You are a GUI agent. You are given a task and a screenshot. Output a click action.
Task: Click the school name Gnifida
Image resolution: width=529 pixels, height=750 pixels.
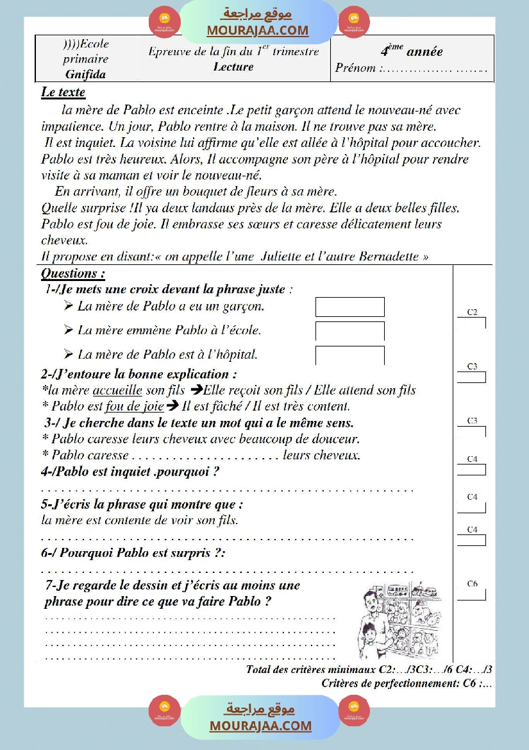tap(85, 74)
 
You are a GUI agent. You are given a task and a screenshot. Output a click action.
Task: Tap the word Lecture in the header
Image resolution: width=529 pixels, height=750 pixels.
tap(233, 66)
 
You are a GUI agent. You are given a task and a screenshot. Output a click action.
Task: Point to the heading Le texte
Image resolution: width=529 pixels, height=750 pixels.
tap(63, 92)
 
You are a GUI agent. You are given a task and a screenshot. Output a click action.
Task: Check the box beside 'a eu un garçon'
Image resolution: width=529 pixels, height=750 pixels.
tap(349, 307)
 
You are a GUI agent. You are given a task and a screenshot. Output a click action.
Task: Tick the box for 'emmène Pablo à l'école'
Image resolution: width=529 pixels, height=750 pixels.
tap(349, 331)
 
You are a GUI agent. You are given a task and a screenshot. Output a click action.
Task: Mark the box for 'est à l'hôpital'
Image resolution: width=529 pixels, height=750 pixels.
tap(349, 355)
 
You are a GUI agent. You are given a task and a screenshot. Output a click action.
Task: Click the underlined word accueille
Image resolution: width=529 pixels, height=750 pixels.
tap(117, 390)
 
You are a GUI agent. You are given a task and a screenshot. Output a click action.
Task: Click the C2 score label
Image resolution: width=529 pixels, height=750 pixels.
tap(472, 312)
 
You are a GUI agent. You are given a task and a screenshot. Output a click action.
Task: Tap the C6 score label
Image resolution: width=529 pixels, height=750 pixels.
tap(472, 584)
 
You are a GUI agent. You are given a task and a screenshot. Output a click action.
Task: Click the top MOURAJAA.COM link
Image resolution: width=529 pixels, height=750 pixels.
tap(257, 30)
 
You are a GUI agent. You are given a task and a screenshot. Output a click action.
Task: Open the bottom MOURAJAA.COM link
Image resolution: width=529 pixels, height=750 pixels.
tap(260, 726)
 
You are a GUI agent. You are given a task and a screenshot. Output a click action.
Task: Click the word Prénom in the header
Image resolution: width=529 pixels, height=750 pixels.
tap(356, 68)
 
